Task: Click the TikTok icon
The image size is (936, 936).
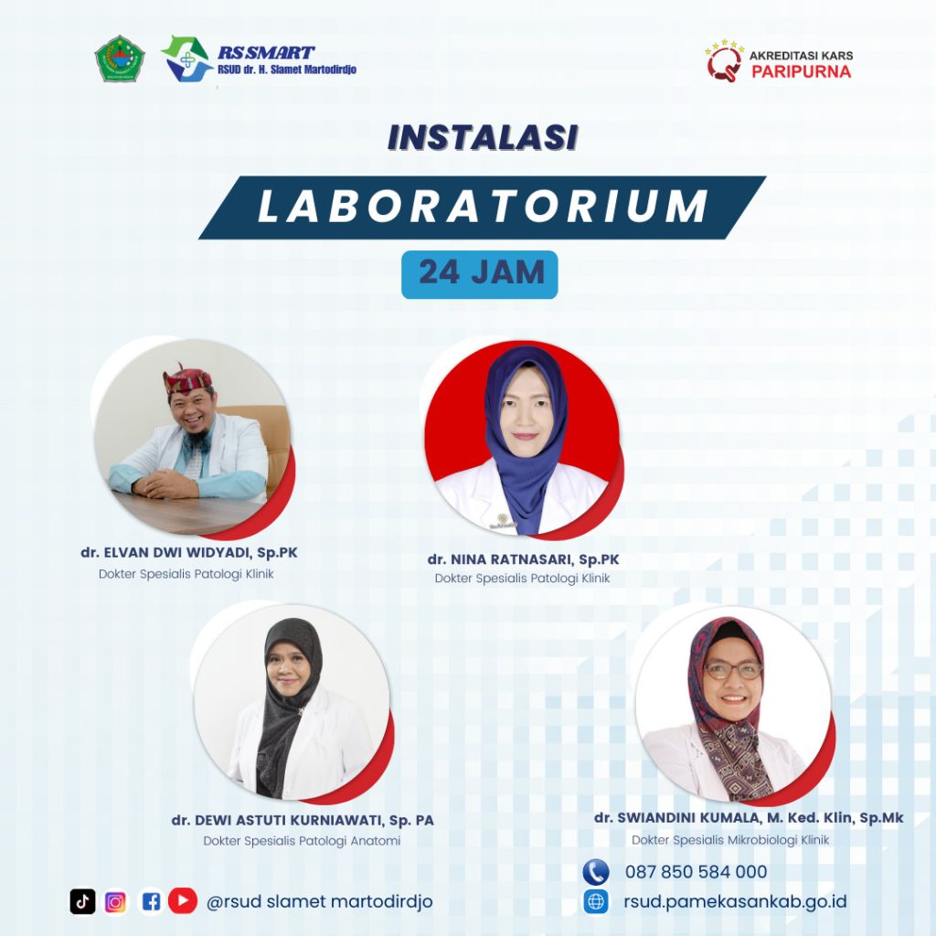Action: (x=82, y=901)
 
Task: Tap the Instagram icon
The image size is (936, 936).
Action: (x=116, y=902)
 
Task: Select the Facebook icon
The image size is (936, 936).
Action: (x=151, y=901)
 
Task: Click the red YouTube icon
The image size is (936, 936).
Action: (x=183, y=900)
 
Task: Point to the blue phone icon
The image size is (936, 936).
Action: (x=596, y=872)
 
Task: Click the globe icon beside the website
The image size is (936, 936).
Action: (x=596, y=901)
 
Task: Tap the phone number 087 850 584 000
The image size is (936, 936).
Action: (x=696, y=872)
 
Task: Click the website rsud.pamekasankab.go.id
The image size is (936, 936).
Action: (x=736, y=901)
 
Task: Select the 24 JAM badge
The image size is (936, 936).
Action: (x=479, y=274)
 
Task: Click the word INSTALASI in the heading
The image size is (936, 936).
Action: (x=483, y=137)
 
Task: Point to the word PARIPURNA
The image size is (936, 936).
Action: (x=801, y=71)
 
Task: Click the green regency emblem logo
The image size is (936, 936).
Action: (x=120, y=58)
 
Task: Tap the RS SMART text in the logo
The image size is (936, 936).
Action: (x=266, y=52)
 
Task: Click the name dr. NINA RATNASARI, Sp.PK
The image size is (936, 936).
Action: (x=524, y=559)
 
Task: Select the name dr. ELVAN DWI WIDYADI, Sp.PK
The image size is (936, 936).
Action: (x=189, y=553)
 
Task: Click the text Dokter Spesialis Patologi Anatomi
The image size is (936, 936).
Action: (x=302, y=841)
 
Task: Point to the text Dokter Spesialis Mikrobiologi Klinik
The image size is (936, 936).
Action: (x=730, y=840)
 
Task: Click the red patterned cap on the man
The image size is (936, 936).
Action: (x=187, y=378)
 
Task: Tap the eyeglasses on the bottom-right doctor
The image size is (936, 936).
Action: (x=734, y=670)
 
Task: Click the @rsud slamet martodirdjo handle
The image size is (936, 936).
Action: (x=319, y=901)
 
